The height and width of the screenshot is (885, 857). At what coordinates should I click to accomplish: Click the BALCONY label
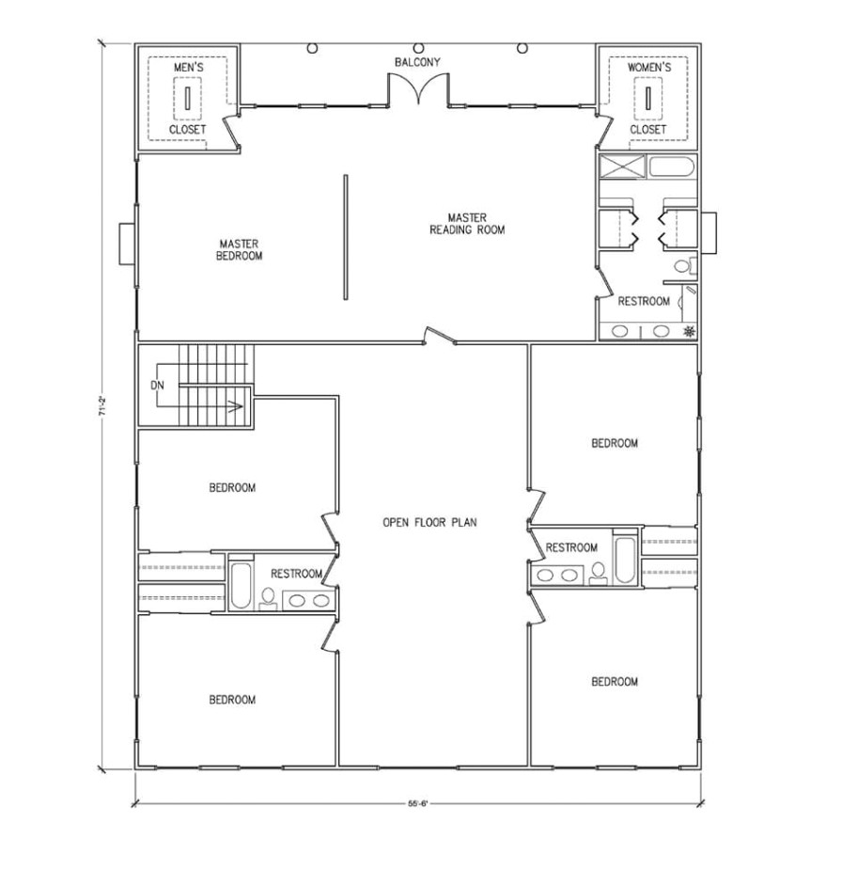[x=417, y=63]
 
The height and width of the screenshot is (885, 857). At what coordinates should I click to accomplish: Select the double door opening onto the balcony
[x=418, y=90]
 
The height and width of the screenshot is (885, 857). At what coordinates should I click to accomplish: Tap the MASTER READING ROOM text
[x=467, y=224]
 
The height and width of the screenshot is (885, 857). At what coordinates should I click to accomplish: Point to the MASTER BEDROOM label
[x=239, y=249]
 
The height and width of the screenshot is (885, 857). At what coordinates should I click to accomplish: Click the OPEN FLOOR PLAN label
[x=429, y=522]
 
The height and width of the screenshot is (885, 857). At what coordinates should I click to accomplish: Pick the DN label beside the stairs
[x=157, y=386]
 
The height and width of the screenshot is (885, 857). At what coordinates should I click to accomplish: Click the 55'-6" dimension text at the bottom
[x=418, y=804]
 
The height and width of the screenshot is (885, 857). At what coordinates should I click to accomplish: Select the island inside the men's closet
[x=187, y=97]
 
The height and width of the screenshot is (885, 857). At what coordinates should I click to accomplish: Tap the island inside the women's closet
[x=648, y=97]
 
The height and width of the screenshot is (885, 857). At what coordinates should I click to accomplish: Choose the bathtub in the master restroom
[x=671, y=169]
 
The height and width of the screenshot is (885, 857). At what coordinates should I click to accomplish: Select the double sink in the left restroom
[x=307, y=600]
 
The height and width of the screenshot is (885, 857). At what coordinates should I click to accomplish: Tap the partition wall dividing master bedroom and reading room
[x=345, y=238]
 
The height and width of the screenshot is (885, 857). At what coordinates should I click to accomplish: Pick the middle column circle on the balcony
[x=418, y=47]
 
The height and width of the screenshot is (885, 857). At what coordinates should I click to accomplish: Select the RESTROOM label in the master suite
[x=644, y=302]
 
